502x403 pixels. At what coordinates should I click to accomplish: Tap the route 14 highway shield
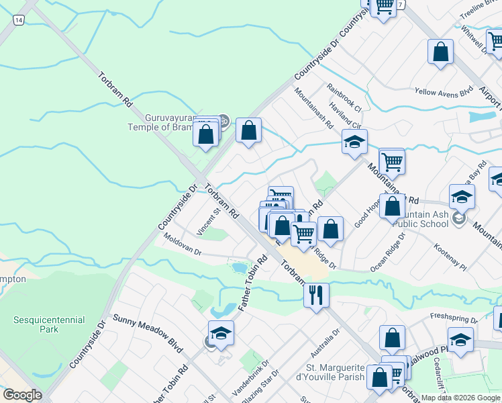[x=18, y=21]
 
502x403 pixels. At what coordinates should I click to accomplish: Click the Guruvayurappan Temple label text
[x=161, y=122]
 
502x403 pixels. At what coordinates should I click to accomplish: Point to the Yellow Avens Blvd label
[x=444, y=92]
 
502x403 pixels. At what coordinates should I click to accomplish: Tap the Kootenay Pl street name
[x=450, y=256]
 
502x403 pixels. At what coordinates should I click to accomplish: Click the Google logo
[x=22, y=395]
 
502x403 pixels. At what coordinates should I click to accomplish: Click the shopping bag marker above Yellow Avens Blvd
[x=440, y=52]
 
